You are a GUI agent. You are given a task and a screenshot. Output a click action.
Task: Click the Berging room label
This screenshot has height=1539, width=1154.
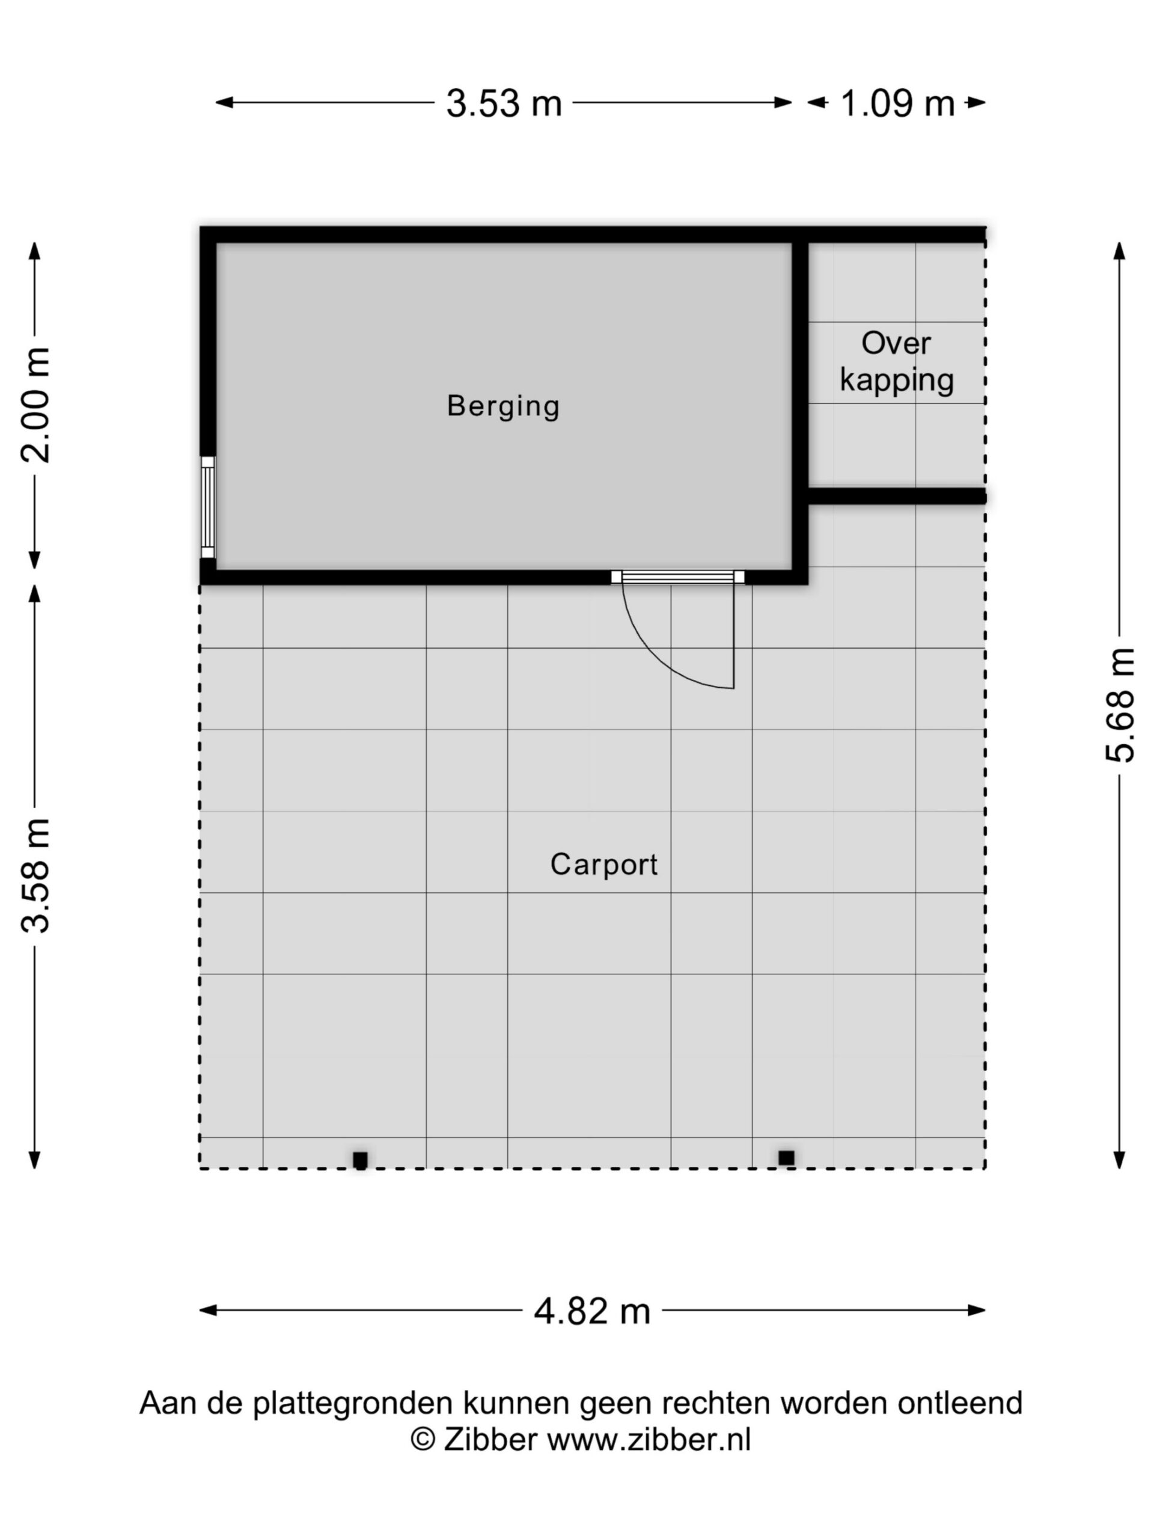tap(503, 406)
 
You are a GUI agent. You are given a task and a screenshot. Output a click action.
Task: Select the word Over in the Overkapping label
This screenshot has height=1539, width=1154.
tap(896, 343)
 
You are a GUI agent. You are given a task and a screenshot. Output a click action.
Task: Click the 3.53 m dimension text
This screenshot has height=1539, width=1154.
tap(504, 103)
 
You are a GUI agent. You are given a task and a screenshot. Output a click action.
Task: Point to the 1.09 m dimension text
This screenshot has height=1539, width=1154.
tap(897, 103)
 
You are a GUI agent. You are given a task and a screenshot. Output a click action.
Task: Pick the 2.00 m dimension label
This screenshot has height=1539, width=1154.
tap(35, 405)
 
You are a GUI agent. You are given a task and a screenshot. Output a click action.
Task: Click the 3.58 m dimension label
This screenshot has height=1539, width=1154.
tap(35, 875)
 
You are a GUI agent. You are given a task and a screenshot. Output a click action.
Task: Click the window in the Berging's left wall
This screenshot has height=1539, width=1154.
tap(208, 507)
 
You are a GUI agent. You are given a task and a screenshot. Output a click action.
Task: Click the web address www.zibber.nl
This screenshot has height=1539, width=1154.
tap(649, 1440)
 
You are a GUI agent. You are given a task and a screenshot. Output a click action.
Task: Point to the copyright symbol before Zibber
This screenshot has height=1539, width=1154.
tap(422, 1439)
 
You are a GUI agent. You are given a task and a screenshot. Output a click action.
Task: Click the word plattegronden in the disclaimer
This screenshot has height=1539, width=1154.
tap(353, 1403)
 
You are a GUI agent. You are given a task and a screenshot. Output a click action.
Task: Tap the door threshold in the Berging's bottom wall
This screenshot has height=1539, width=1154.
tap(678, 577)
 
